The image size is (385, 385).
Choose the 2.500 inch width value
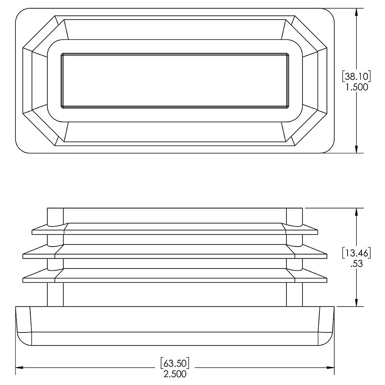175,374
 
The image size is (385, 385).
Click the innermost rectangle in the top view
175,80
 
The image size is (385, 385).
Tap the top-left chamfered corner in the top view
40,32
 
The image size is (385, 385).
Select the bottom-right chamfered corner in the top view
310,128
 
